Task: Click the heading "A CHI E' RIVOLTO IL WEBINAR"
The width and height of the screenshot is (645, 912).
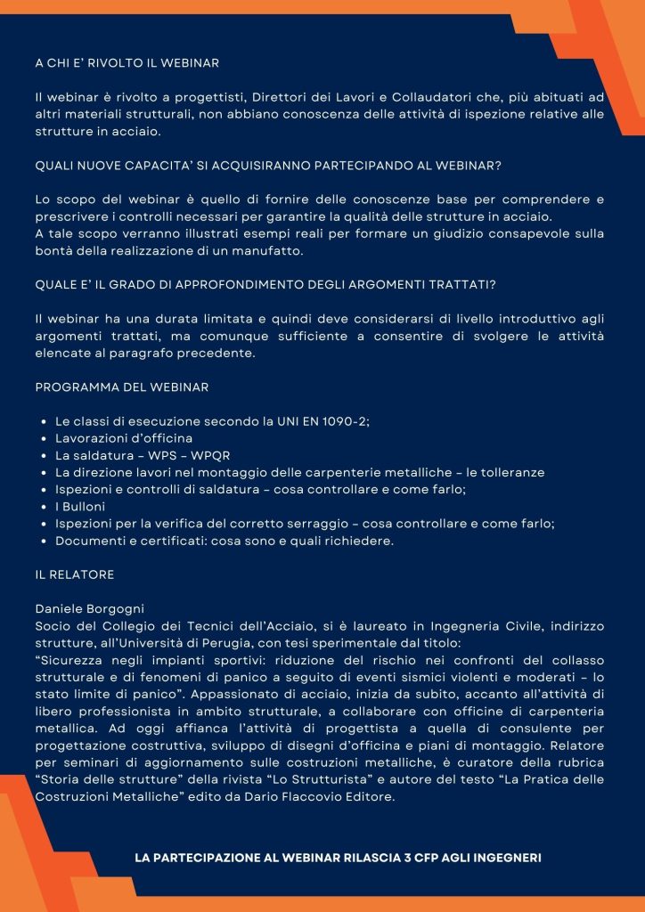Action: (127, 64)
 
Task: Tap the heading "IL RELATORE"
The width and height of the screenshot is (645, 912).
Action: (75, 574)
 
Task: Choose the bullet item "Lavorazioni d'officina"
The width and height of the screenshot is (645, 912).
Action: (124, 438)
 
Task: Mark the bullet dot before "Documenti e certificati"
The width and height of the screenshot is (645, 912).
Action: (45, 541)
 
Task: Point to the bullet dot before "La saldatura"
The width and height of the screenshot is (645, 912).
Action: (45, 455)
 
